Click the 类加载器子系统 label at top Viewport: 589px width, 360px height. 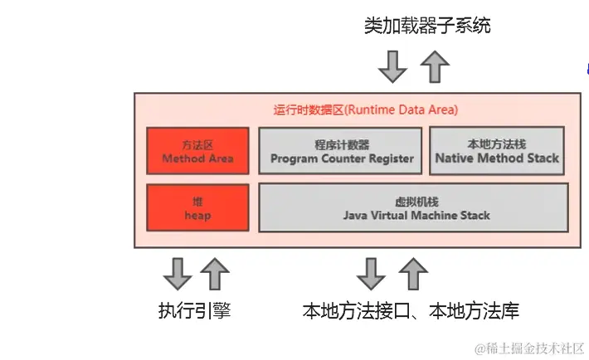[427, 25]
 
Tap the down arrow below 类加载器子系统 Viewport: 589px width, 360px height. [392, 66]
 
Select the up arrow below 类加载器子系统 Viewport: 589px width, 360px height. [434, 66]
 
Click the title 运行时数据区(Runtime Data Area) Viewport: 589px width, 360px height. [365, 109]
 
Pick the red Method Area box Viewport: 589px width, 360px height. [197, 151]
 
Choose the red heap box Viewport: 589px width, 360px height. [197, 207]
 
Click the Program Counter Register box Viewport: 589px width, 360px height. [342, 151]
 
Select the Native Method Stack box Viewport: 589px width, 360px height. [497, 151]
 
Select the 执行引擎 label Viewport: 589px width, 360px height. [194, 312]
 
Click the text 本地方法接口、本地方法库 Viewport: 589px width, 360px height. [411, 312]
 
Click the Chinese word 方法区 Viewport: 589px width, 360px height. [197, 144]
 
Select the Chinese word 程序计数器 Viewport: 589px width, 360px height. [342, 144]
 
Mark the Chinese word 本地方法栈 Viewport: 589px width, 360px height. [497, 143]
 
